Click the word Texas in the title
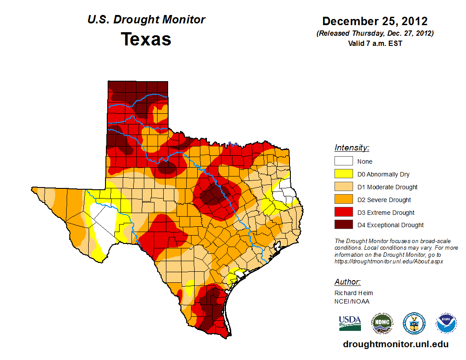tap(146, 39)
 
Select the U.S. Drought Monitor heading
tap(146, 20)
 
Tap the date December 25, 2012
tap(375, 21)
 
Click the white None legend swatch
tap(343, 161)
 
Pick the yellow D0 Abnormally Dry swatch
tap(343, 174)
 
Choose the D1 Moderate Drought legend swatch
tap(343, 187)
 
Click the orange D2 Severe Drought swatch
tap(343, 200)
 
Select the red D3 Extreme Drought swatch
tap(343, 213)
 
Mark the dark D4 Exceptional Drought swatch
tap(343, 225)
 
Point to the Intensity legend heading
tap(352, 148)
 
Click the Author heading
tap(347, 282)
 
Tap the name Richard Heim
tap(353, 293)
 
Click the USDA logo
tap(350, 323)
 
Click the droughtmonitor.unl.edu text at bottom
tap(396, 344)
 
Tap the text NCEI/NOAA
tap(352, 301)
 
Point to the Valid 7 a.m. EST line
tap(375, 43)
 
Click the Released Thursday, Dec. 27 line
tap(375, 34)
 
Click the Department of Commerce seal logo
tap(414, 323)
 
